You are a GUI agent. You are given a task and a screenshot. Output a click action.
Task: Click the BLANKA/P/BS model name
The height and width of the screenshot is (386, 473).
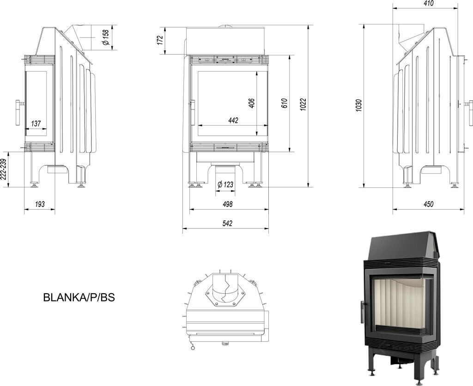pyautogui.click(x=79, y=297)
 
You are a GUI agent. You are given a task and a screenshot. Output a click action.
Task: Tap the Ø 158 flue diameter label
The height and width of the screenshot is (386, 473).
pyautogui.click(x=106, y=37)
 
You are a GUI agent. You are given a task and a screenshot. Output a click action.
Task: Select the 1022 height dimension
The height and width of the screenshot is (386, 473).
pyautogui.click(x=303, y=104)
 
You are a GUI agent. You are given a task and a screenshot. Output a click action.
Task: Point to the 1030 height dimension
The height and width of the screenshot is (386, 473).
pyautogui.click(x=358, y=105)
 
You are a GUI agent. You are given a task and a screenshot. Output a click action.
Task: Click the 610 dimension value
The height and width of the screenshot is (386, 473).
pyautogui.click(x=285, y=103)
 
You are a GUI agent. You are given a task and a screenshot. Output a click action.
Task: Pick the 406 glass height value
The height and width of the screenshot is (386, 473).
pyautogui.click(x=252, y=103)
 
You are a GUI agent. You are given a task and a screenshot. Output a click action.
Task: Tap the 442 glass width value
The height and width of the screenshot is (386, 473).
pyautogui.click(x=233, y=121)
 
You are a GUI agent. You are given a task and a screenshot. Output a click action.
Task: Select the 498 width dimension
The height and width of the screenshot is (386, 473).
pyautogui.click(x=227, y=204)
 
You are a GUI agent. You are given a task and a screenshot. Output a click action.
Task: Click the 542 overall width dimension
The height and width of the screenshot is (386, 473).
pyautogui.click(x=227, y=223)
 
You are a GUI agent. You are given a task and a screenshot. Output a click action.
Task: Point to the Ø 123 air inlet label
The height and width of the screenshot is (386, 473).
pyautogui.click(x=225, y=184)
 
